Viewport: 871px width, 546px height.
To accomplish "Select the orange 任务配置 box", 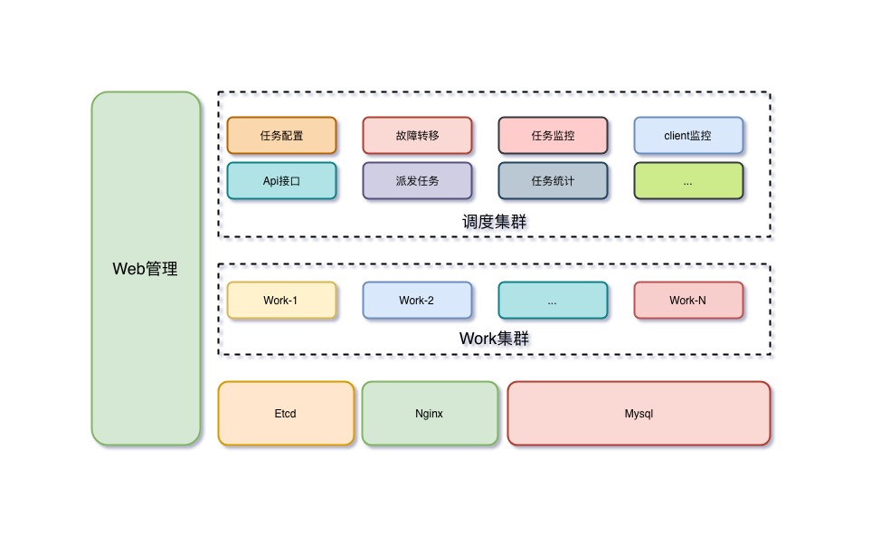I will click(281, 136).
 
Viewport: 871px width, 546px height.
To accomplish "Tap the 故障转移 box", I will click(417, 136).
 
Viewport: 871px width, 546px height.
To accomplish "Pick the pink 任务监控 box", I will click(553, 136).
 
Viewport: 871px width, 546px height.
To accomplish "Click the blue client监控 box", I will click(688, 136).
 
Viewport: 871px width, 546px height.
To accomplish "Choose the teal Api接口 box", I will click(281, 181).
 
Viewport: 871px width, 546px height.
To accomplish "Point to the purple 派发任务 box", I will click(417, 181).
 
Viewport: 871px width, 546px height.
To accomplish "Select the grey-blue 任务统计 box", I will click(553, 181).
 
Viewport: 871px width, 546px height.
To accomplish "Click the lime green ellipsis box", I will click(688, 181).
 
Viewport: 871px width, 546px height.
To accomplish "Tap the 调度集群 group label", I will click(494, 221).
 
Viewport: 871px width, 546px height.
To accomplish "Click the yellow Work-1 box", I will click(281, 301).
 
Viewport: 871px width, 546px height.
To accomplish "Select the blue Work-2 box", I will click(417, 301).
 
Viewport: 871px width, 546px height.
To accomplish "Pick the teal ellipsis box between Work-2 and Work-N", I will click(553, 301).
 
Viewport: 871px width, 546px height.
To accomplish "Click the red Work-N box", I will click(688, 301).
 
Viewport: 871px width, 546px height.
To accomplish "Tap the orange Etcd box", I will click(286, 414).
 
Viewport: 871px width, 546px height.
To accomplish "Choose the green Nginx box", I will click(430, 414).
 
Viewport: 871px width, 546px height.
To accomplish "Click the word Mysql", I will click(639, 414).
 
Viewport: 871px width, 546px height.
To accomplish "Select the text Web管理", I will click(146, 269).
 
